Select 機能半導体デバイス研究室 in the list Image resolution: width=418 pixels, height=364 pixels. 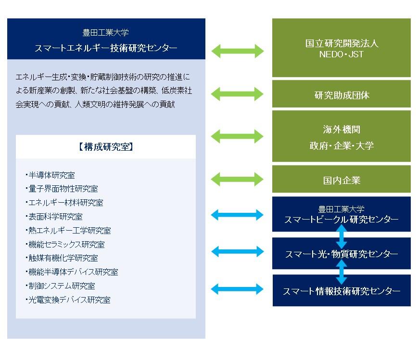72,272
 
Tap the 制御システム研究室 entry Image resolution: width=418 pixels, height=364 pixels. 61,286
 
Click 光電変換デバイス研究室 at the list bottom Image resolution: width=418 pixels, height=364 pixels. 68,300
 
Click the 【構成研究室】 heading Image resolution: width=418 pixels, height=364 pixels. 105,147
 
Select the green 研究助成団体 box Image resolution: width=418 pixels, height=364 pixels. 342,94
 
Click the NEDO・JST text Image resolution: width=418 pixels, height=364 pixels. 342,54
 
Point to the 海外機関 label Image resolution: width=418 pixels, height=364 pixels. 342,129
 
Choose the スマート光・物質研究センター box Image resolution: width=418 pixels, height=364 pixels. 342,254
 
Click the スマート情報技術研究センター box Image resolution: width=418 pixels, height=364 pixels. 342,291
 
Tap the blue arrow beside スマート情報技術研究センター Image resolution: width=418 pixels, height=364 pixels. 238,289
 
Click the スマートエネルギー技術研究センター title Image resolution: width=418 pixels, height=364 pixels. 106,48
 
